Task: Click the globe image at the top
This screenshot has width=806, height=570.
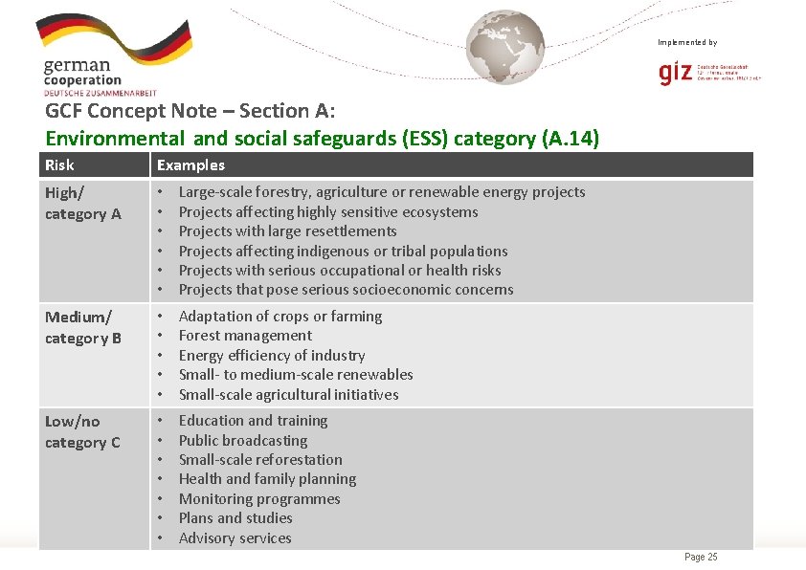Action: tap(504, 47)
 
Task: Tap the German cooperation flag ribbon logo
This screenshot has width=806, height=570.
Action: tap(114, 38)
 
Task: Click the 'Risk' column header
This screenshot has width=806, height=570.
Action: tap(59, 165)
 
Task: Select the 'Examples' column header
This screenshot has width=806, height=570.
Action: tap(190, 165)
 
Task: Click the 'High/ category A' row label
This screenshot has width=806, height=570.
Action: tap(83, 203)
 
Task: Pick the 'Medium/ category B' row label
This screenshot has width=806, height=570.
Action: tap(83, 327)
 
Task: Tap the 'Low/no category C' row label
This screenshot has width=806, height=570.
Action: tap(82, 431)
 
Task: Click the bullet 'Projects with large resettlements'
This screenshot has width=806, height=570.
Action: tap(287, 231)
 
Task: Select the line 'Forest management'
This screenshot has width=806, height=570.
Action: tap(245, 336)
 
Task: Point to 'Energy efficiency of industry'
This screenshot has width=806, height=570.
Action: tap(272, 355)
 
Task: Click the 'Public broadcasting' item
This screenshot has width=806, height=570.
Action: tap(243, 441)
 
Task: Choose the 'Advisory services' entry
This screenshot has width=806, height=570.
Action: tap(235, 538)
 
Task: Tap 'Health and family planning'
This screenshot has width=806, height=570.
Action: tap(267, 479)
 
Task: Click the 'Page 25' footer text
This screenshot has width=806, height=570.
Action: tap(701, 558)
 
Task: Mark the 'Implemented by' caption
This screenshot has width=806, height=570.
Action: tap(686, 42)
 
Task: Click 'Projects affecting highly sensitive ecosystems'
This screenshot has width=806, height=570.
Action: tap(328, 212)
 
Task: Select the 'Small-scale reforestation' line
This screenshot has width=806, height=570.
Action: tap(260, 460)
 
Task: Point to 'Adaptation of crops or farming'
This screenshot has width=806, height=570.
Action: tap(280, 317)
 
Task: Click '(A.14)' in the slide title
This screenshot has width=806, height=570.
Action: tap(571, 139)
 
